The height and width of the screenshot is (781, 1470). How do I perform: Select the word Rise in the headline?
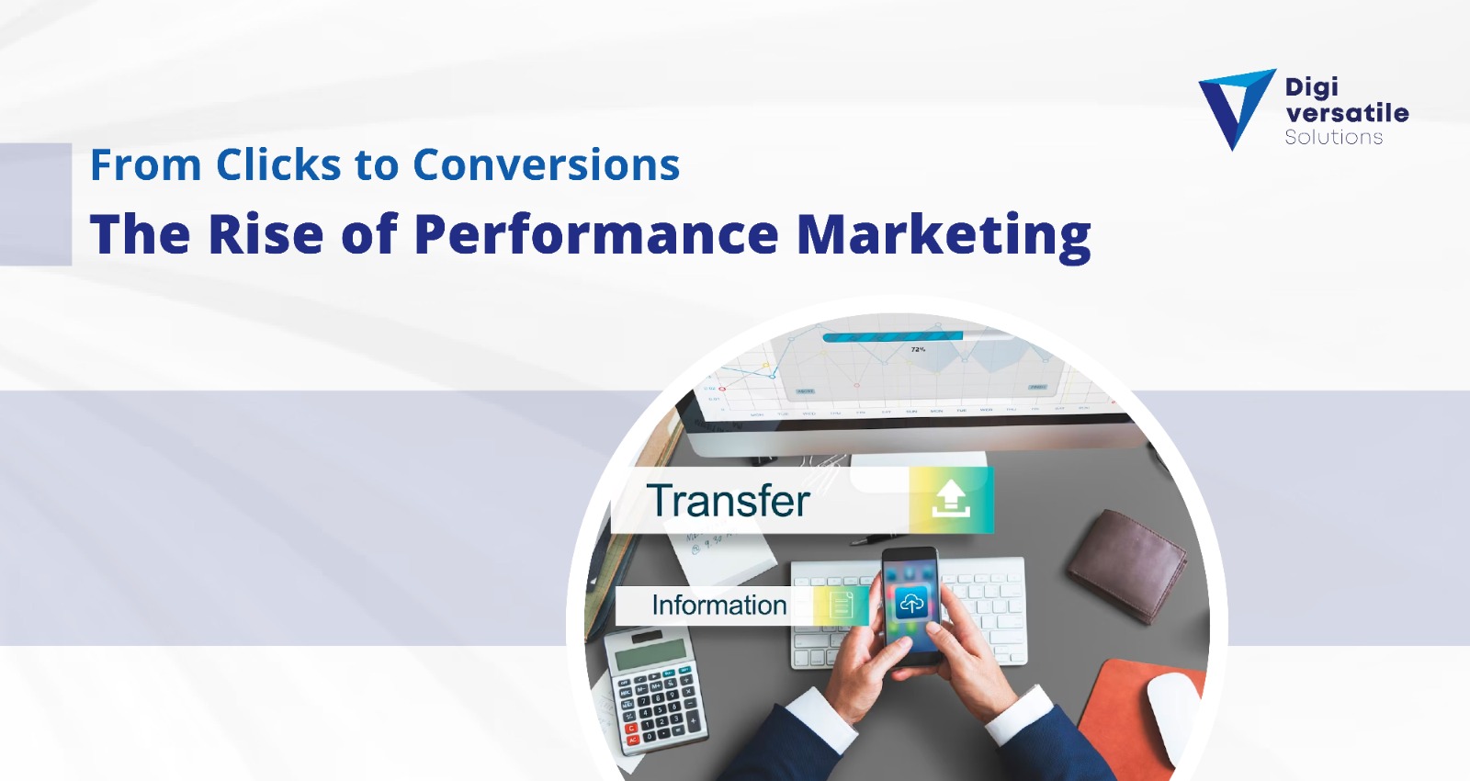click(x=266, y=234)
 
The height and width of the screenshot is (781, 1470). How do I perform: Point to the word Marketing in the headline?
click(x=943, y=236)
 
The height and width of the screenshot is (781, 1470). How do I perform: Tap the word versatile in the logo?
click(x=1346, y=113)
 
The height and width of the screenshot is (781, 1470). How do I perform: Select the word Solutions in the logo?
click(x=1333, y=137)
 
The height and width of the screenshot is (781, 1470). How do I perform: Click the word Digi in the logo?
click(x=1311, y=87)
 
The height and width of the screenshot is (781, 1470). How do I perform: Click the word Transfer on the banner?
click(x=728, y=501)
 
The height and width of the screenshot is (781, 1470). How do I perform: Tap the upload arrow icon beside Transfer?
click(x=951, y=500)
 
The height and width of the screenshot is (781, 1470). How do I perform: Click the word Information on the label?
click(x=718, y=606)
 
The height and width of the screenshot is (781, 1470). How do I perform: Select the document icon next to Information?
click(x=842, y=606)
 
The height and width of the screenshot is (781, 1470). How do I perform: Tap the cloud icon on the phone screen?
click(x=910, y=603)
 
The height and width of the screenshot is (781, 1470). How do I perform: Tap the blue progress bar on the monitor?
click(x=891, y=337)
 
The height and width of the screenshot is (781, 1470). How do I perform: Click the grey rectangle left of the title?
click(x=35, y=204)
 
